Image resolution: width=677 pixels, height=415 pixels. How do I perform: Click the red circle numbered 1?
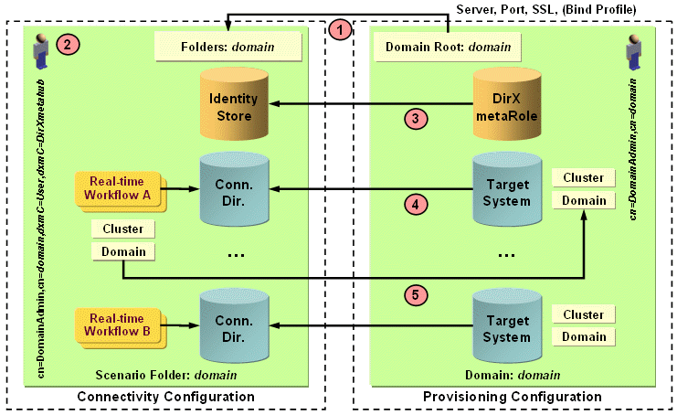click(x=340, y=30)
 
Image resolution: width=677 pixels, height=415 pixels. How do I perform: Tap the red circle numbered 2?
click(x=65, y=42)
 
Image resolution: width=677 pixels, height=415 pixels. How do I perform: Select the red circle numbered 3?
click(x=417, y=117)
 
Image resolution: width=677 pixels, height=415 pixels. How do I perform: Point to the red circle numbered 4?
click(x=417, y=204)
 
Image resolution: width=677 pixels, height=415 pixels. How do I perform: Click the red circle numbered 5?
click(x=417, y=294)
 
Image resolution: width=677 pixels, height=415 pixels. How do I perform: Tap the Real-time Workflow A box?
click(x=119, y=189)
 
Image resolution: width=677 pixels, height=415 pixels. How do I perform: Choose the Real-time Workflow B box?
click(x=119, y=325)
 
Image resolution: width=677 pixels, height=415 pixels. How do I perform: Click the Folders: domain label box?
click(x=227, y=44)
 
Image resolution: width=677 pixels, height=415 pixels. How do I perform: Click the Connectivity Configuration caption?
click(x=165, y=397)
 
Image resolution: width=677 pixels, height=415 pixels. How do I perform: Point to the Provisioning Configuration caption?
click(x=513, y=397)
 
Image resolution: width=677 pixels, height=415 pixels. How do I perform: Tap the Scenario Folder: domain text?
click(x=165, y=375)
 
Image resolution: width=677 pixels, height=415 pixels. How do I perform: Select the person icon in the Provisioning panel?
click(x=633, y=48)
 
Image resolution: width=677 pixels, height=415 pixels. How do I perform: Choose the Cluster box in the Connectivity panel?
click(x=122, y=229)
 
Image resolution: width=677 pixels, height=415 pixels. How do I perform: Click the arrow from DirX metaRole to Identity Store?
click(x=365, y=105)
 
